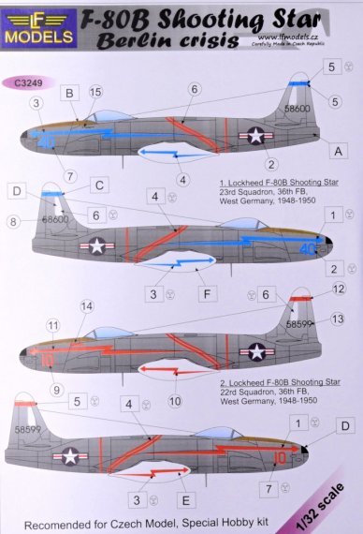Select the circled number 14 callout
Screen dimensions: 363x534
tap(87, 306)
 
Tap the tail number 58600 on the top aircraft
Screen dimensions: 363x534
tap(298, 109)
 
